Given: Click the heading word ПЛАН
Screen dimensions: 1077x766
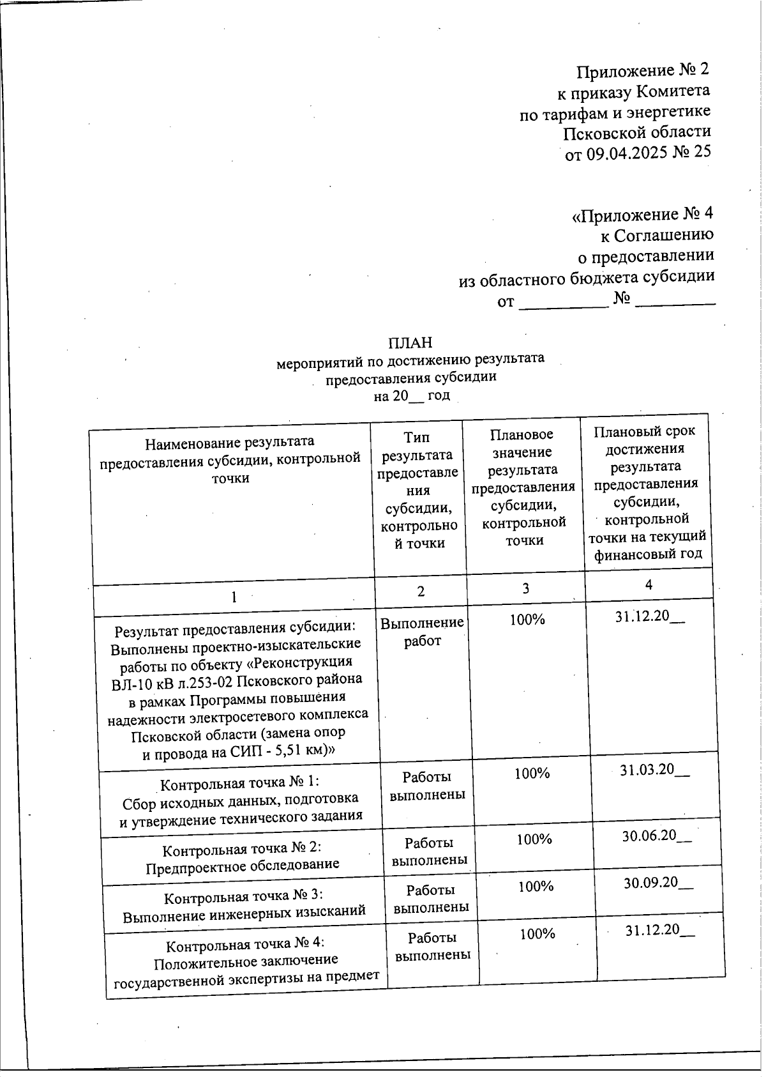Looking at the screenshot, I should coord(410,342).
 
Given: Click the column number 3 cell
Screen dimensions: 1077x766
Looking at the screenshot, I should coord(525,588).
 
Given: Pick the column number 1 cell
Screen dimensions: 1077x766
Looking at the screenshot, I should coord(234,597).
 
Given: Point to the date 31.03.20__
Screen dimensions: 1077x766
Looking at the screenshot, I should coord(654,770).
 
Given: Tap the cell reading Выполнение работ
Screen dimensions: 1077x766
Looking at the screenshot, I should coord(422,631).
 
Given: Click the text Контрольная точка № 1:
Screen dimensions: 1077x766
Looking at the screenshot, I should coord(239,783).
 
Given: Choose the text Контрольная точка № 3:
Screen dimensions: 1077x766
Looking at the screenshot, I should coord(244,897).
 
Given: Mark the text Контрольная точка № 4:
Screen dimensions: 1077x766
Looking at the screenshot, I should coord(246,945).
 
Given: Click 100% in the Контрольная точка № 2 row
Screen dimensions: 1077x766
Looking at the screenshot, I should coord(534,839).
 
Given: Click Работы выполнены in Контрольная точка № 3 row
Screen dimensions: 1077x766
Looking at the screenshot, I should coord(431,898).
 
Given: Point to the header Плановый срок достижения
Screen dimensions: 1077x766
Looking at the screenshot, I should coord(645,439).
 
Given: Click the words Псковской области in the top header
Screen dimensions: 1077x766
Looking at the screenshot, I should coord(636,132).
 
